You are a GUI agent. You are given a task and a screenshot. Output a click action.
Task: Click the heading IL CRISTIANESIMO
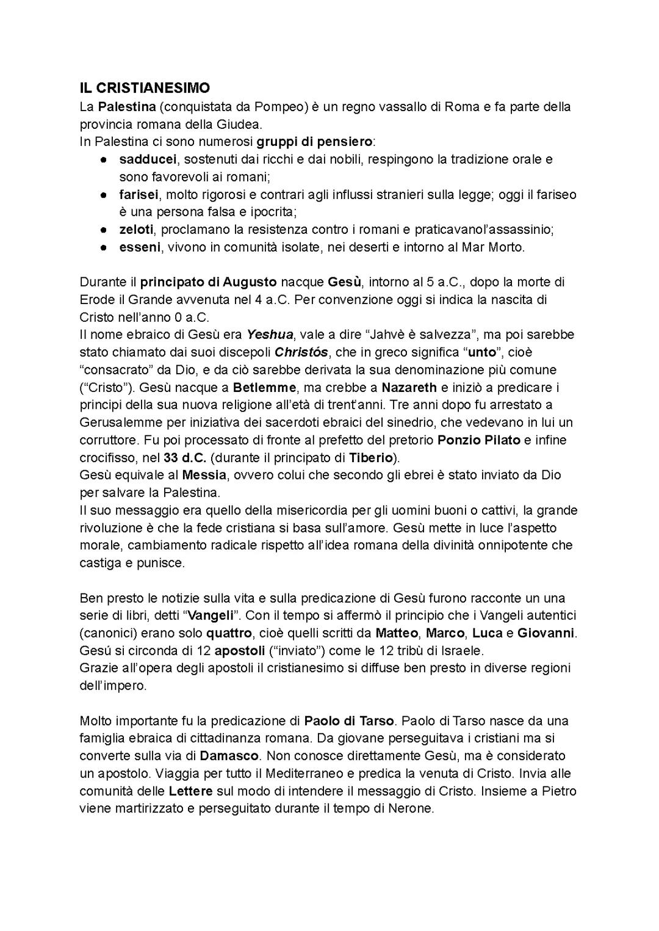[145, 89]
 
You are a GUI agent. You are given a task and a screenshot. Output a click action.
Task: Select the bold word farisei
[139, 195]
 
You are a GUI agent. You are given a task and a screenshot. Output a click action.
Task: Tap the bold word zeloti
[136, 230]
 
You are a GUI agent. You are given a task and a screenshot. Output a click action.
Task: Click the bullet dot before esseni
[105, 248]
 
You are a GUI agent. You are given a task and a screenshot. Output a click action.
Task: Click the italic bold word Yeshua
[270, 335]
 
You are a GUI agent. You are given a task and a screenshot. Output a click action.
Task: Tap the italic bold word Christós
[301, 352]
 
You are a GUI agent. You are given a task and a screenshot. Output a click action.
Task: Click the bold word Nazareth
[409, 388]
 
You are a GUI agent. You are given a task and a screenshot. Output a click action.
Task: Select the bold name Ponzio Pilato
[479, 440]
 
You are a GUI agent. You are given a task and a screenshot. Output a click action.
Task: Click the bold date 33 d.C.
[184, 458]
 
